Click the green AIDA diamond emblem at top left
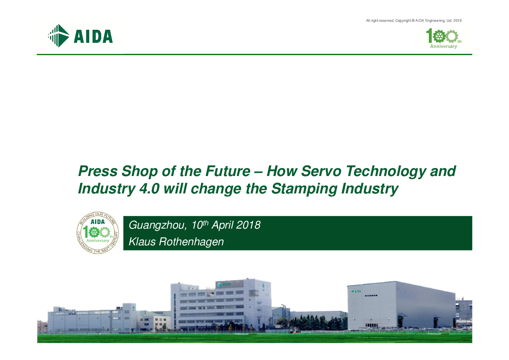point(59,36)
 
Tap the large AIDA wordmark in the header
point(93,36)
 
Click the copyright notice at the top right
point(414,21)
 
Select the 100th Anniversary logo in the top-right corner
point(444,38)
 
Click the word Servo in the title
point(321,171)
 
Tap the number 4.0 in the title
point(149,189)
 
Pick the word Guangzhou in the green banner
point(158,225)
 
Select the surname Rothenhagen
point(191,242)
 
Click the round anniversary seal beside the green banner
point(98,233)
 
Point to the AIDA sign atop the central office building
point(224,284)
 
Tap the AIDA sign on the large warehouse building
point(356,291)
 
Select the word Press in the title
point(98,171)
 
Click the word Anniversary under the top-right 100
point(443,46)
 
